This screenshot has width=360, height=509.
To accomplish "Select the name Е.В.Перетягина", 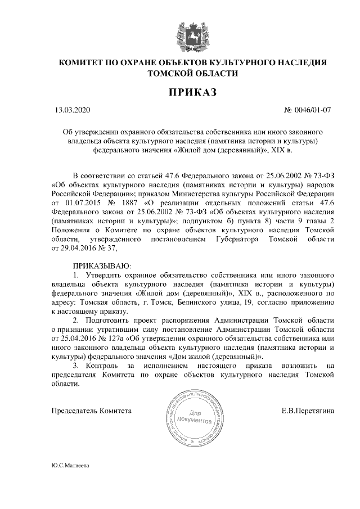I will click(308, 411).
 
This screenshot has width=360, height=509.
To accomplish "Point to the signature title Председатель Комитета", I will click(91, 411).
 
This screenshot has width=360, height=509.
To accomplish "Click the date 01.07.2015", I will click(84, 202).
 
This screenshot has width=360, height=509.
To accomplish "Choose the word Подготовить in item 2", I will click(109, 320).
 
